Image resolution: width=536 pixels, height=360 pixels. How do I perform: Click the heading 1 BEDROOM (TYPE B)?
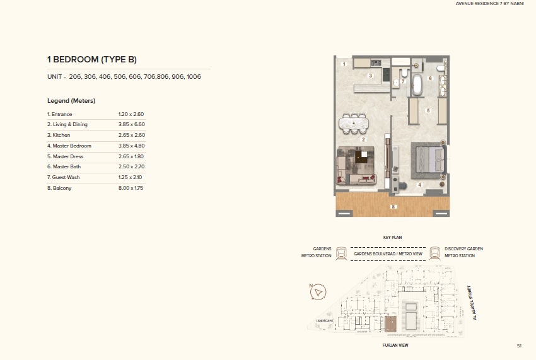[92, 60]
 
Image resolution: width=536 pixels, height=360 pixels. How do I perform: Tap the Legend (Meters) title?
[71, 101]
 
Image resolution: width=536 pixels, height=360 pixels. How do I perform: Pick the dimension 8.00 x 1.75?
[131, 188]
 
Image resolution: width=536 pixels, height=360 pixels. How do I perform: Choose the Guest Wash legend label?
[63, 177]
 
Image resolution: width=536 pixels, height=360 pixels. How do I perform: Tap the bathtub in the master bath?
[418, 85]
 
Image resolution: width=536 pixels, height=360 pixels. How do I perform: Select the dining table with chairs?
[354, 123]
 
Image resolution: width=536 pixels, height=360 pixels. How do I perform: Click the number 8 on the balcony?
[392, 206]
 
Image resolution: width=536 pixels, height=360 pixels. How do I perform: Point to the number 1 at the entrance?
[344, 64]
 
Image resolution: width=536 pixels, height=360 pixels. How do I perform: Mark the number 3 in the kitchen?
[371, 76]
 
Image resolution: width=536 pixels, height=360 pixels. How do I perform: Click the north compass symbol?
[319, 293]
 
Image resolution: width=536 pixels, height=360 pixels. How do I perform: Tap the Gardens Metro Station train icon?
[341, 253]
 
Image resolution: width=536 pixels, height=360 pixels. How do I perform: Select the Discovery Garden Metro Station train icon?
[434, 253]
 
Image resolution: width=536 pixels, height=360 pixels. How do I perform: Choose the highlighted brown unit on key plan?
[391, 325]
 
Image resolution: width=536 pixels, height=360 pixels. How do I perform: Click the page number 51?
[519, 345]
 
